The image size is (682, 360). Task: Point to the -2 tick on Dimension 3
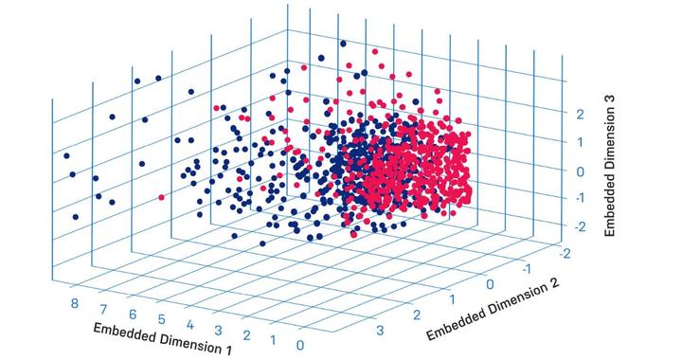(582, 226)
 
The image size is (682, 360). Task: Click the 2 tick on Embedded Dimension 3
(583, 114)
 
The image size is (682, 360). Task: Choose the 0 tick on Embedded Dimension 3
(583, 171)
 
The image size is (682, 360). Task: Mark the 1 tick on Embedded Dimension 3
(583, 142)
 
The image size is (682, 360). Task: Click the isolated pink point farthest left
(162, 197)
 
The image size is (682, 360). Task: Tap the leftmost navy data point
(66, 155)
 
